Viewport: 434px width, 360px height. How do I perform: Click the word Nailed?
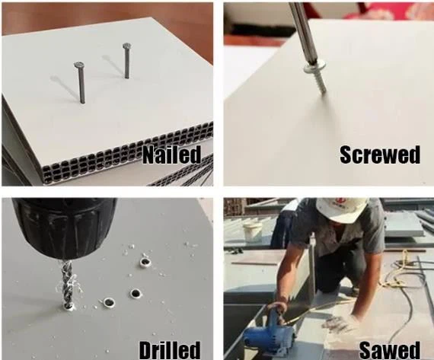click(x=171, y=155)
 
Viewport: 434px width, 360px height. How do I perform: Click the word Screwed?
click(x=380, y=155)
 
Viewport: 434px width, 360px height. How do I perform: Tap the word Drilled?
click(x=170, y=350)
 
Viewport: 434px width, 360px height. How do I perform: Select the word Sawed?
click(x=390, y=351)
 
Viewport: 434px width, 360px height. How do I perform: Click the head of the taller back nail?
click(x=126, y=46)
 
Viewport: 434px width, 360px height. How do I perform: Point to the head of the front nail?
click(x=79, y=65)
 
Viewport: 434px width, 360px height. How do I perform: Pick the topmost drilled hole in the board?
click(x=145, y=263)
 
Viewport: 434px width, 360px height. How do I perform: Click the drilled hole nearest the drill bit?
click(x=109, y=302)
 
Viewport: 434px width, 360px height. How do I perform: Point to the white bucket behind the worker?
click(x=252, y=232)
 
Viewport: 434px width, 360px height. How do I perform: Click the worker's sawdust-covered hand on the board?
click(x=337, y=323)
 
